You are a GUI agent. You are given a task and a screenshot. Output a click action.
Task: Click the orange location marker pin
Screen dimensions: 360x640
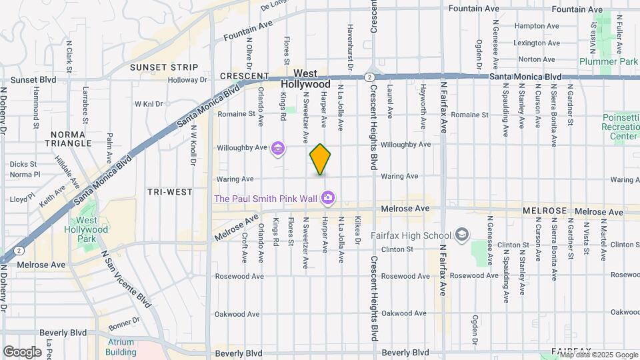pyautogui.click(x=320, y=159)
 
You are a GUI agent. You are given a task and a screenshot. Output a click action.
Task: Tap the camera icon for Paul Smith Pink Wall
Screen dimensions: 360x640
pyautogui.click(x=327, y=197)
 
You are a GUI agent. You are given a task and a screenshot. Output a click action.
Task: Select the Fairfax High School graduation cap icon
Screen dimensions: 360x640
pyautogui.click(x=462, y=235)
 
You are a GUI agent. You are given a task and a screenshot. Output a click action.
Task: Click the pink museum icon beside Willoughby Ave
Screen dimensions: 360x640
pyautogui.click(x=277, y=148)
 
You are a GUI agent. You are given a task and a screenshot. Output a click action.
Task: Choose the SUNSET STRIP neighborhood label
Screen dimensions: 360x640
pyautogui.click(x=164, y=67)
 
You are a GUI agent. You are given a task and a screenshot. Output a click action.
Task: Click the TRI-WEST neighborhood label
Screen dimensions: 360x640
pyautogui.click(x=169, y=192)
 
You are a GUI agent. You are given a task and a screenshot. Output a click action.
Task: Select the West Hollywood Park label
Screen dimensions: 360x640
pyautogui.click(x=91, y=229)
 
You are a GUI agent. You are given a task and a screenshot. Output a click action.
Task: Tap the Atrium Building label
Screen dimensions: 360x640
pyautogui.click(x=120, y=347)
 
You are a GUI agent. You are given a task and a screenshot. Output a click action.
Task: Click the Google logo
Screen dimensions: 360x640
pyautogui.click(x=22, y=351)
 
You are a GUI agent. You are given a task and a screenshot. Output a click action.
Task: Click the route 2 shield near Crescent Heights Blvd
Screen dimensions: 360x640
pyautogui.click(x=369, y=77)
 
